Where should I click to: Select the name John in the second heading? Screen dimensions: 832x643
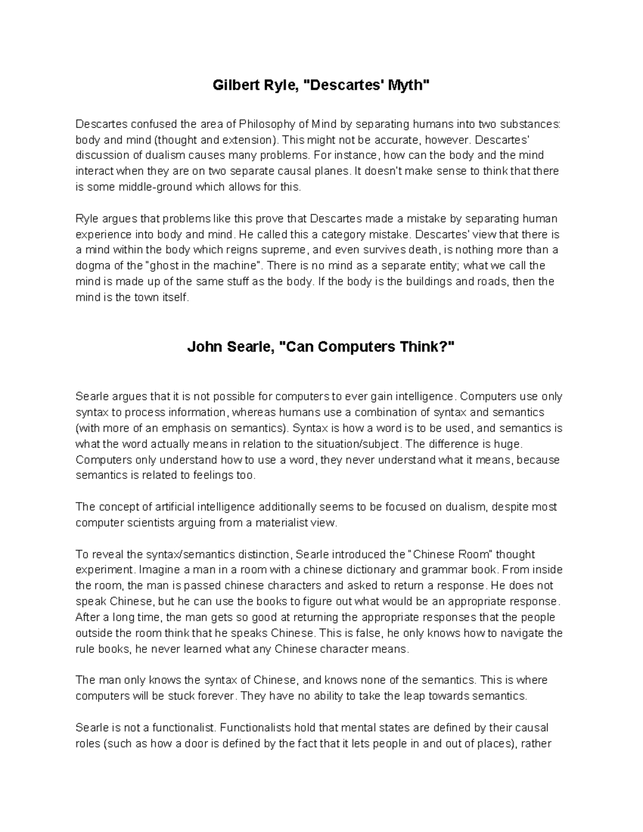pyautogui.click(x=205, y=347)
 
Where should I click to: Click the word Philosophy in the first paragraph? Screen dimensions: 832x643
pyautogui.click(x=265, y=124)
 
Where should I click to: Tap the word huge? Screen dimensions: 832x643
pyautogui.click(x=507, y=444)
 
